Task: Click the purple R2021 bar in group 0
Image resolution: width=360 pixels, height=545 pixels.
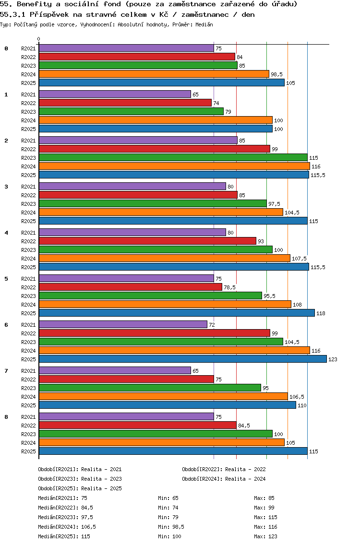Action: click(x=126, y=48)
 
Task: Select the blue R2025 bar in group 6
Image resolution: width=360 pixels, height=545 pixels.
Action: click(x=182, y=359)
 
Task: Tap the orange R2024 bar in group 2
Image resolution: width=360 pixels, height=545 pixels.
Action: click(x=174, y=166)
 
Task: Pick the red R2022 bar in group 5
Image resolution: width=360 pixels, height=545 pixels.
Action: click(x=130, y=287)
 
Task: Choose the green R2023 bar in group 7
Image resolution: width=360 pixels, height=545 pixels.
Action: click(x=150, y=388)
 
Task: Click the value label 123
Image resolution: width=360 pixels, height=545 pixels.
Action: click(x=333, y=359)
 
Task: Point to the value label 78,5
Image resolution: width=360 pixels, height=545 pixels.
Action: click(x=229, y=287)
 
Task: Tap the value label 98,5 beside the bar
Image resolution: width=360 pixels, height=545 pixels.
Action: click(x=276, y=74)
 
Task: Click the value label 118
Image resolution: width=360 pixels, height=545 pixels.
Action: click(x=321, y=313)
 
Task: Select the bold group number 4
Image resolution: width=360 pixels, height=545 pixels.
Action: click(x=6, y=233)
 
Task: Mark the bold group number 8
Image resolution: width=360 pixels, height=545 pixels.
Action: click(x=6, y=417)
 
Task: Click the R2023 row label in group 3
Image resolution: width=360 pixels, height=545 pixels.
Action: click(x=28, y=204)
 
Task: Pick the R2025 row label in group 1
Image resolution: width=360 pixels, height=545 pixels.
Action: click(x=28, y=129)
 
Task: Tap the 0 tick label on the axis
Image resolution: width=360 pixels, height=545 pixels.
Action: click(x=39, y=39)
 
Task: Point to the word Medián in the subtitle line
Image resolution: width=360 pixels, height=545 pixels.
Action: click(x=204, y=24)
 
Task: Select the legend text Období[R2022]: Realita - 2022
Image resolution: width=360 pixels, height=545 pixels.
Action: click(x=224, y=469)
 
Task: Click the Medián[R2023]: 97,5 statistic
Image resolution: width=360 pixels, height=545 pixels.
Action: click(x=66, y=517)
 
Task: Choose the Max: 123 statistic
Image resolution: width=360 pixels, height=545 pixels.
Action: click(x=265, y=536)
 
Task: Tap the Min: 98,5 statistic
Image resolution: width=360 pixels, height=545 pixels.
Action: click(x=171, y=527)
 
